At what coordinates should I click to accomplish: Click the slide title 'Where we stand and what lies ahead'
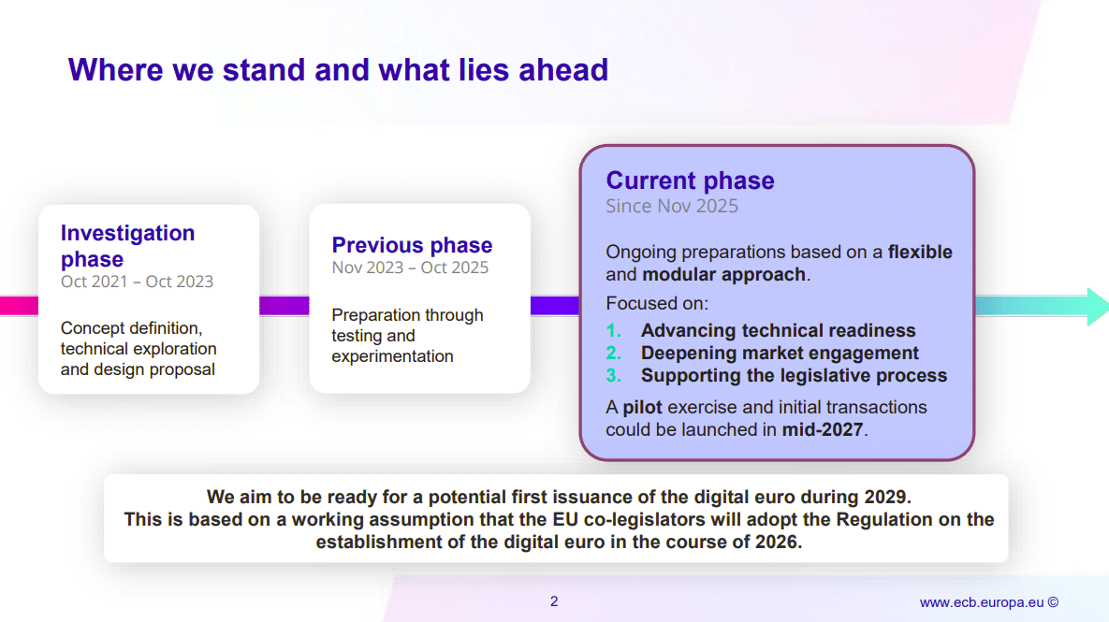coord(338,70)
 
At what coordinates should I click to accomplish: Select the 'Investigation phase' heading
coord(127,246)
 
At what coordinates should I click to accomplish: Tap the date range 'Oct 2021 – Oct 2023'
coord(137,282)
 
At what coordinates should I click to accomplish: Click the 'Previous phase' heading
coord(412,244)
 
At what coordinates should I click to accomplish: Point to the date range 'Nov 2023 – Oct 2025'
coord(410,268)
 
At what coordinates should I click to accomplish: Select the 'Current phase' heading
coord(690,181)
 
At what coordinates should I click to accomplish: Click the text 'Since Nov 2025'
coord(672,206)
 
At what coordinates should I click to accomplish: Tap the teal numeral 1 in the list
coord(613,330)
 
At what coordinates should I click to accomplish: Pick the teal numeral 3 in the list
coord(613,375)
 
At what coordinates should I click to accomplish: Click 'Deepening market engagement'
coord(780,353)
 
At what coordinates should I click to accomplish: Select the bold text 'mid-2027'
coord(822,429)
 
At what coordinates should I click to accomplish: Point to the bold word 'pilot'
coord(642,407)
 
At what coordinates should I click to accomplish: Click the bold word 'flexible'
coord(920,252)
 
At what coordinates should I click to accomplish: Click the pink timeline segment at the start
coord(19,305)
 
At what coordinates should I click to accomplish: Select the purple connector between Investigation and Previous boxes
coord(285,305)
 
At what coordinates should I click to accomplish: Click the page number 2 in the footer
coord(554,601)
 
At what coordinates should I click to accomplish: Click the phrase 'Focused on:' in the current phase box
coord(657,303)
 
